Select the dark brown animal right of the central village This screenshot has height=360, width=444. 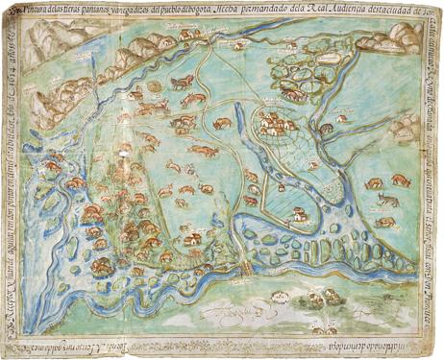[x=328, y=127]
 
